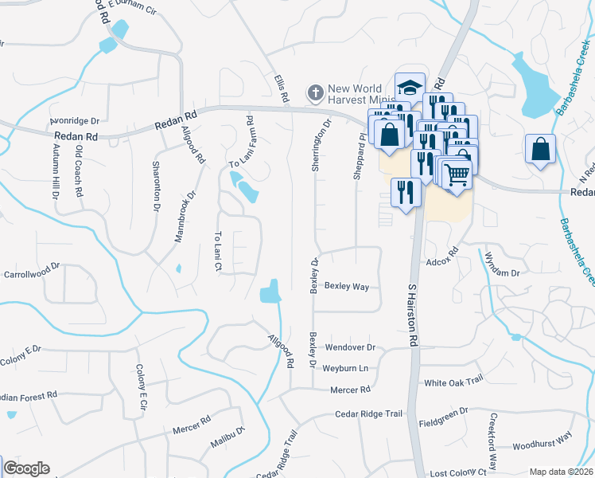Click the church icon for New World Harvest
click(x=315, y=93)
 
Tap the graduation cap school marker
click(x=410, y=88)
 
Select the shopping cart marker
click(x=456, y=174)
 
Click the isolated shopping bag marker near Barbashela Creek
click(x=540, y=149)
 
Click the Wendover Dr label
click(x=349, y=348)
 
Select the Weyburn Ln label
click(x=345, y=368)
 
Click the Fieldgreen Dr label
click(x=445, y=417)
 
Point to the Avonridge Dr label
click(x=74, y=121)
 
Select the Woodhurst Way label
click(x=542, y=439)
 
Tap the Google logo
click(x=26, y=468)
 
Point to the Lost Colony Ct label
click(x=458, y=472)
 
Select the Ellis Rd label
click(x=280, y=88)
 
